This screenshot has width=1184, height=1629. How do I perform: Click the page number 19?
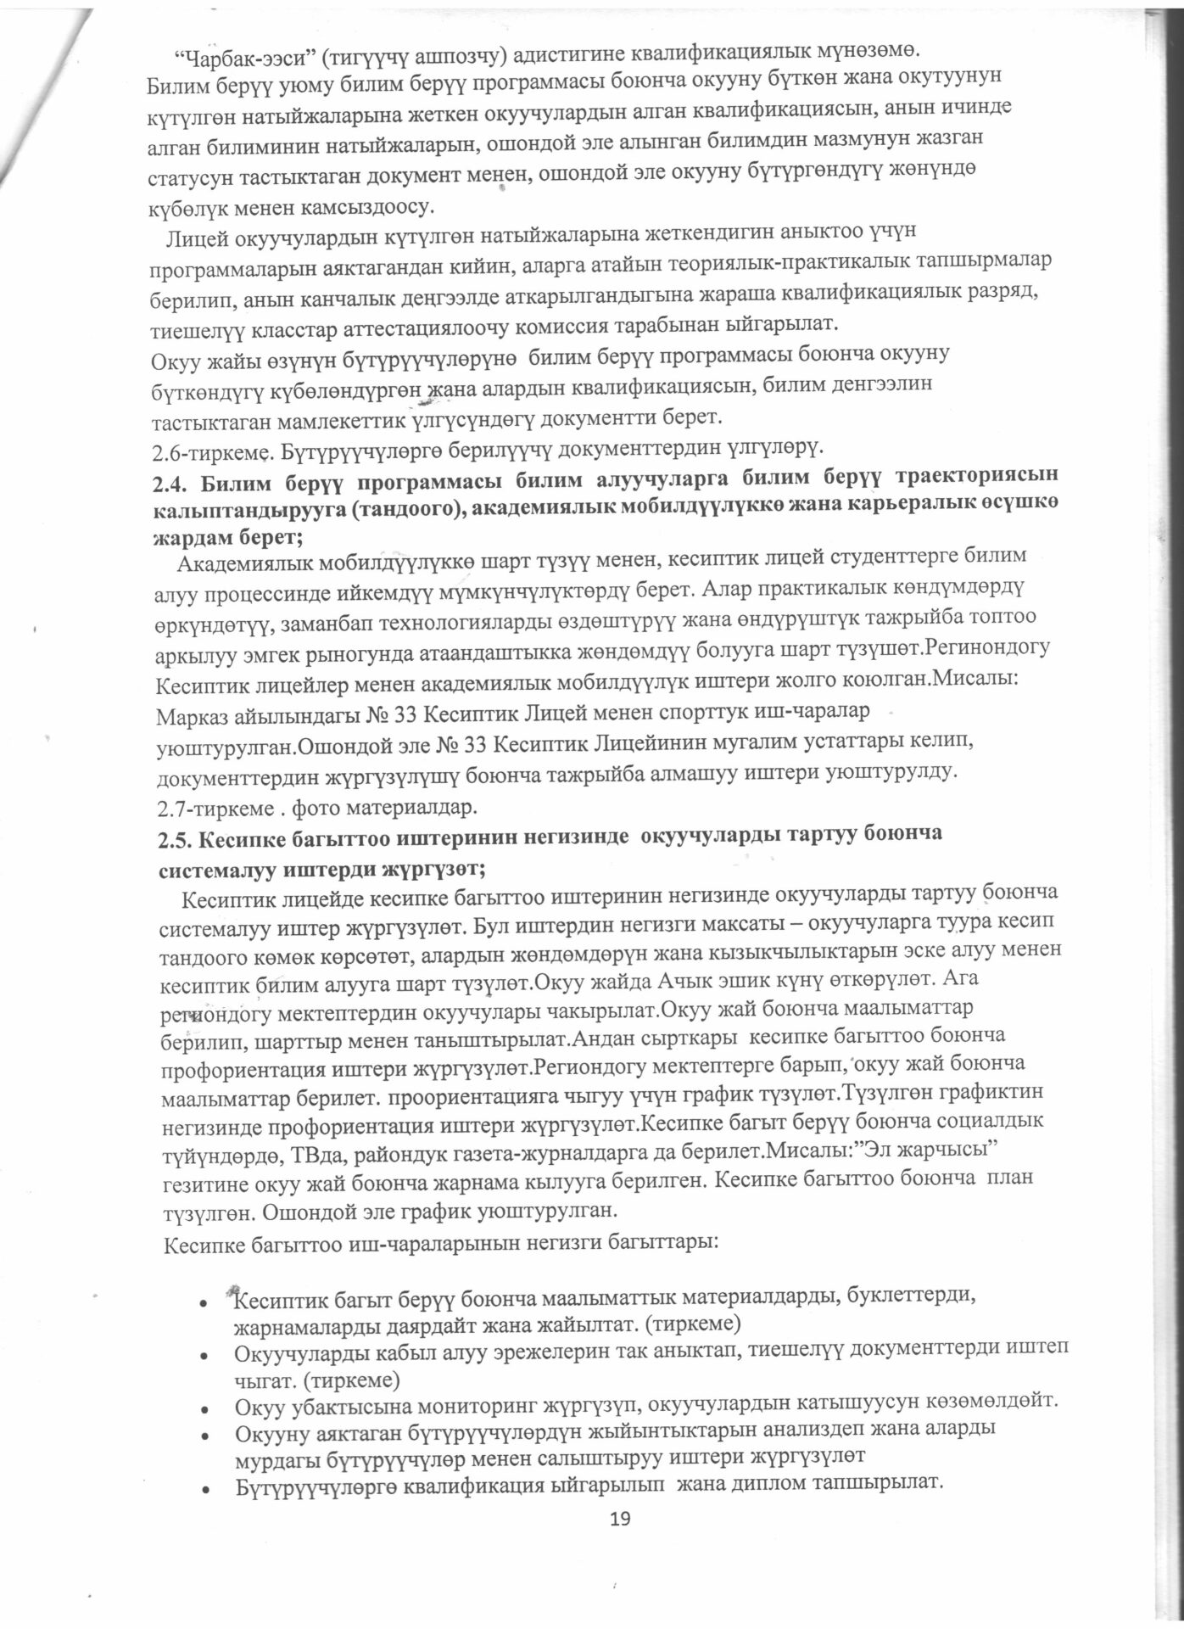point(621,1518)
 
